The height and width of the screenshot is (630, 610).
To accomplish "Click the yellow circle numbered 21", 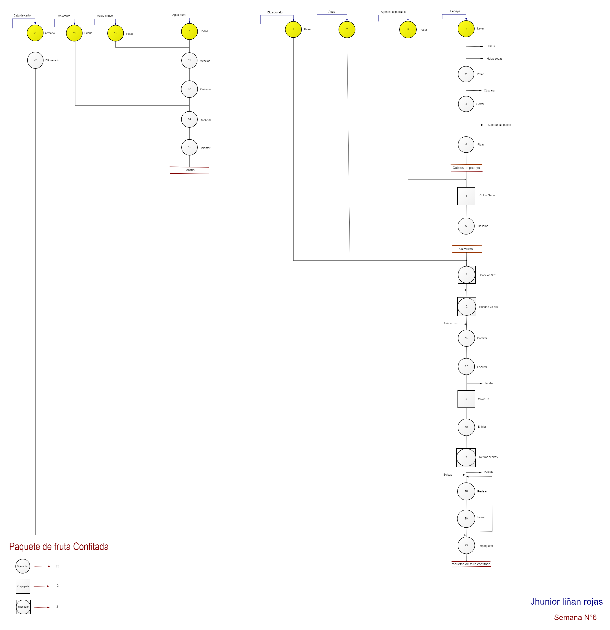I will pos(35,33).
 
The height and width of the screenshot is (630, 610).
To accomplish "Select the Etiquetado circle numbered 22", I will pos(35,60).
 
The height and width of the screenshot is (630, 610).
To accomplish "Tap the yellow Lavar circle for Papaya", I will pos(466,29).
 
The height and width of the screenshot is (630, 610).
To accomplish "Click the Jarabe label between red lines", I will pos(189,170).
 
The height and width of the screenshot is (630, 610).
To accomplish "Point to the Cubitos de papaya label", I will pos(466,168).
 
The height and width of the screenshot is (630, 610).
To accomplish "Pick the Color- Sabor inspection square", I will pos(466,196).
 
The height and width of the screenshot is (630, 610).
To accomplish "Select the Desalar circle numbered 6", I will pos(466,226).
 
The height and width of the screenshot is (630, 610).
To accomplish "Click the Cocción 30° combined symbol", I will pos(467,275).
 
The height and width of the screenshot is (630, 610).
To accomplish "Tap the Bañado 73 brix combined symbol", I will pos(467,307).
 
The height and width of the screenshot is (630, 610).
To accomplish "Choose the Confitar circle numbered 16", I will pos(466,338).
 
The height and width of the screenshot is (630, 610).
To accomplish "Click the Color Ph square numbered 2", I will pos(466,399).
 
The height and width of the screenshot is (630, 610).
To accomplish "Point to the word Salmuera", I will pos(466,249).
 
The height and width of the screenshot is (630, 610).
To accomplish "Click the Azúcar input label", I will pos(448,323).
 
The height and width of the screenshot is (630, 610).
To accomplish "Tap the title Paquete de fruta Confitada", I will pos(59,547).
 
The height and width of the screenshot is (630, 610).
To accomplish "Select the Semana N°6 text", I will pos(575,617).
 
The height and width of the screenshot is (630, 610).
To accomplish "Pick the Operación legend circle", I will pos(23,566).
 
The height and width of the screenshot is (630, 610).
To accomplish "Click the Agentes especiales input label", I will pos(393,12).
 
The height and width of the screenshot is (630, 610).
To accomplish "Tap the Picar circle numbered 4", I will pos(466,144).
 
